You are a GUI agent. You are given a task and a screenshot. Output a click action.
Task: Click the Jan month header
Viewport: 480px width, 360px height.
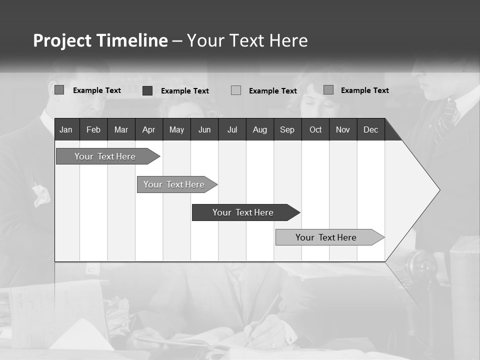point(66,130)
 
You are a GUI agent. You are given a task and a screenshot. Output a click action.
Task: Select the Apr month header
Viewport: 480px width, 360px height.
point(148,130)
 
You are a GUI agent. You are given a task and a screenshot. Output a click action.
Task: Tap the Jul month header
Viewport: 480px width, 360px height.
point(232,130)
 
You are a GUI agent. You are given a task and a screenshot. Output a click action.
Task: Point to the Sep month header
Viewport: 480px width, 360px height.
point(287,130)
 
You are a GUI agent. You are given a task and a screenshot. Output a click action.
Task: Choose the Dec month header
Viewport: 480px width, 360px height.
point(370,130)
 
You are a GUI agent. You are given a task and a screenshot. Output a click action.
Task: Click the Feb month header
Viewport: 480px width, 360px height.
point(93,130)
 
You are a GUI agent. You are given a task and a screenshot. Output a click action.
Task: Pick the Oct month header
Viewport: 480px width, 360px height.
point(315,130)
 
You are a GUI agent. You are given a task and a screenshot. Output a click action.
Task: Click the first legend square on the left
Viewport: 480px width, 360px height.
point(59,90)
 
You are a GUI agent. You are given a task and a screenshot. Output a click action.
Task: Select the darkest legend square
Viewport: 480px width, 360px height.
point(147,90)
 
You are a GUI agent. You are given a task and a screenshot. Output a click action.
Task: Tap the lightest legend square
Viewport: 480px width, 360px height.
point(236,90)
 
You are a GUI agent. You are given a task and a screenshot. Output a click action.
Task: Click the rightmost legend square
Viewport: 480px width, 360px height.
point(328,90)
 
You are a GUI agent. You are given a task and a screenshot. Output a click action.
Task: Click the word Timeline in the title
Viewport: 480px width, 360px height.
point(132,40)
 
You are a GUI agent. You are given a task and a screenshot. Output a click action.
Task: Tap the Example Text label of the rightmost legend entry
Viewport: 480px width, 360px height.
point(364,90)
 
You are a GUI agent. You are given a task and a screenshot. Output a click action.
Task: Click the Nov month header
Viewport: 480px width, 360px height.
point(343,130)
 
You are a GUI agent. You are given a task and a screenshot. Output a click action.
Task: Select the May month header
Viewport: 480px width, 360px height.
point(176,130)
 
